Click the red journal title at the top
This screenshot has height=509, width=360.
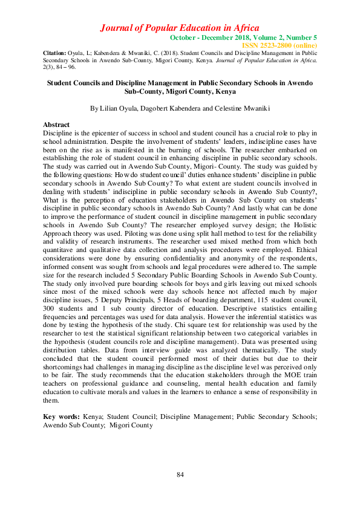180,28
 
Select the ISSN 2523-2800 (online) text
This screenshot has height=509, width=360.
279,45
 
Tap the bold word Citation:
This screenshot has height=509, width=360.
54,54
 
